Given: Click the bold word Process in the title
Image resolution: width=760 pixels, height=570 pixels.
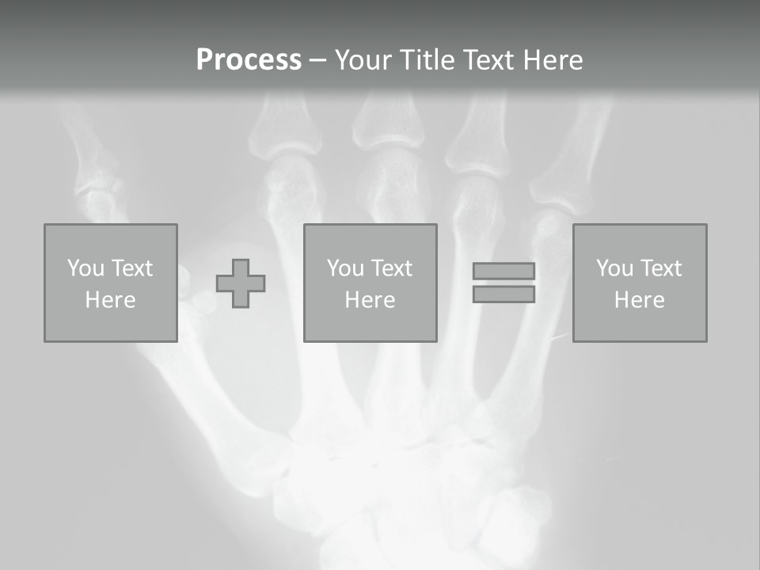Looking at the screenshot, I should tap(249, 60).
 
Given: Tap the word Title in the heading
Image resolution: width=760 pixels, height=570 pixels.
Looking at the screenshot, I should tap(427, 60).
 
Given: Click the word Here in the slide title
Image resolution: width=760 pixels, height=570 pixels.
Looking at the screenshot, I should tap(553, 60).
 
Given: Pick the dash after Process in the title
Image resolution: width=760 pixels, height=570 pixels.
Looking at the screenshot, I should tap(317, 61).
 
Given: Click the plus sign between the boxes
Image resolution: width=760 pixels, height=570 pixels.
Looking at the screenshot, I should tap(241, 283).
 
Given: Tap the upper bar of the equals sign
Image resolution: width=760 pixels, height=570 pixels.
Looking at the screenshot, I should tap(503, 272).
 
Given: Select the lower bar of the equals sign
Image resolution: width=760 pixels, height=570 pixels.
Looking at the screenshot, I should tap(503, 294).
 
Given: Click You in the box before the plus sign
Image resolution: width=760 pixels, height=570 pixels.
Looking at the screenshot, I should tap(85, 268).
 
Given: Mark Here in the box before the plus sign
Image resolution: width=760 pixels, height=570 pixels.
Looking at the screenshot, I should tap(110, 300).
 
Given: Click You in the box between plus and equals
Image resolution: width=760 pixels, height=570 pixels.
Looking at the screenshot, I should tap(345, 268).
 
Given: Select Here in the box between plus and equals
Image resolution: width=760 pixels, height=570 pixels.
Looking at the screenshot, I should tap(370, 300).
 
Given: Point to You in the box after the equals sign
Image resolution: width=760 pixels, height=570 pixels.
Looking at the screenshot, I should tap(614, 268).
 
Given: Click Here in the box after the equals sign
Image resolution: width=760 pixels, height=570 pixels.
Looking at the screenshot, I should tap(639, 300).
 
